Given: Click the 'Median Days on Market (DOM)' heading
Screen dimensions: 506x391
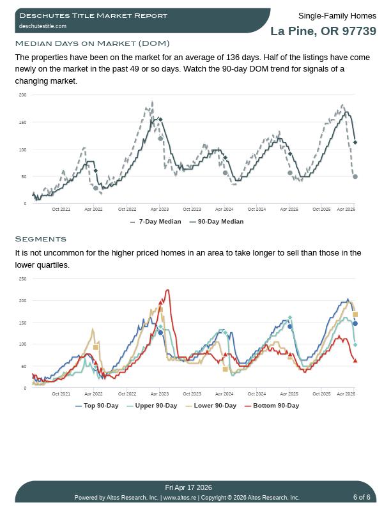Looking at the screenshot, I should click(92, 43).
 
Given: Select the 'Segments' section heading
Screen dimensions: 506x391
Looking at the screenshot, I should click(40, 239).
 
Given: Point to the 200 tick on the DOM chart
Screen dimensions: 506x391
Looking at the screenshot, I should click(23, 95).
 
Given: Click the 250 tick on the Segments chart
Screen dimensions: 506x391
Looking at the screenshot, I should click(23, 279).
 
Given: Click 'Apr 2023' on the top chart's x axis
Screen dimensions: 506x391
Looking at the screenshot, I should click(159, 209).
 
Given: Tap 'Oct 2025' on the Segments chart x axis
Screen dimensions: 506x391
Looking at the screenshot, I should click(321, 394).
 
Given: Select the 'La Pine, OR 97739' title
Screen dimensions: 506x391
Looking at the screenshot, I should click(323, 31).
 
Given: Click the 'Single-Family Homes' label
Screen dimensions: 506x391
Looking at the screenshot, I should click(337, 16).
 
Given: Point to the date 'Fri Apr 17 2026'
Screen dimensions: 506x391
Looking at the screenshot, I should click(188, 487).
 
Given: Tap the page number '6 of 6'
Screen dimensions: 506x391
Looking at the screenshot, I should click(362, 497).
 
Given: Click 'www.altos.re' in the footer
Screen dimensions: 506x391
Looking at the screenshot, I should click(180, 498).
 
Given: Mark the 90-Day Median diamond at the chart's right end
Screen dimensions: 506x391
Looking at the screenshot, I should click(355, 142).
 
